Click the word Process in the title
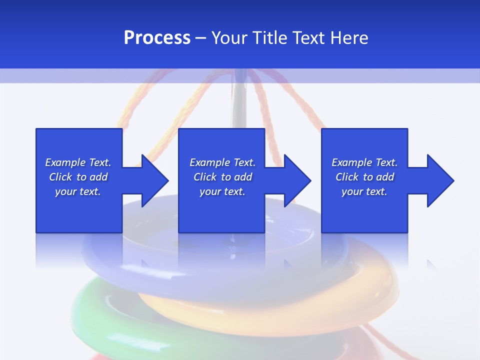point(157,38)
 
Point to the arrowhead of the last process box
point(439,180)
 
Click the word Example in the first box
point(65,162)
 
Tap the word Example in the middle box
point(209,162)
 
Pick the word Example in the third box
point(351,162)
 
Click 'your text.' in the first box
point(78,191)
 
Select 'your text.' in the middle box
point(222,191)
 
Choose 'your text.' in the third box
point(364,191)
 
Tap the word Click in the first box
point(60,177)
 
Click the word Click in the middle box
point(205,177)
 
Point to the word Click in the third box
point(347,177)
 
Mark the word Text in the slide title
point(308,38)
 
